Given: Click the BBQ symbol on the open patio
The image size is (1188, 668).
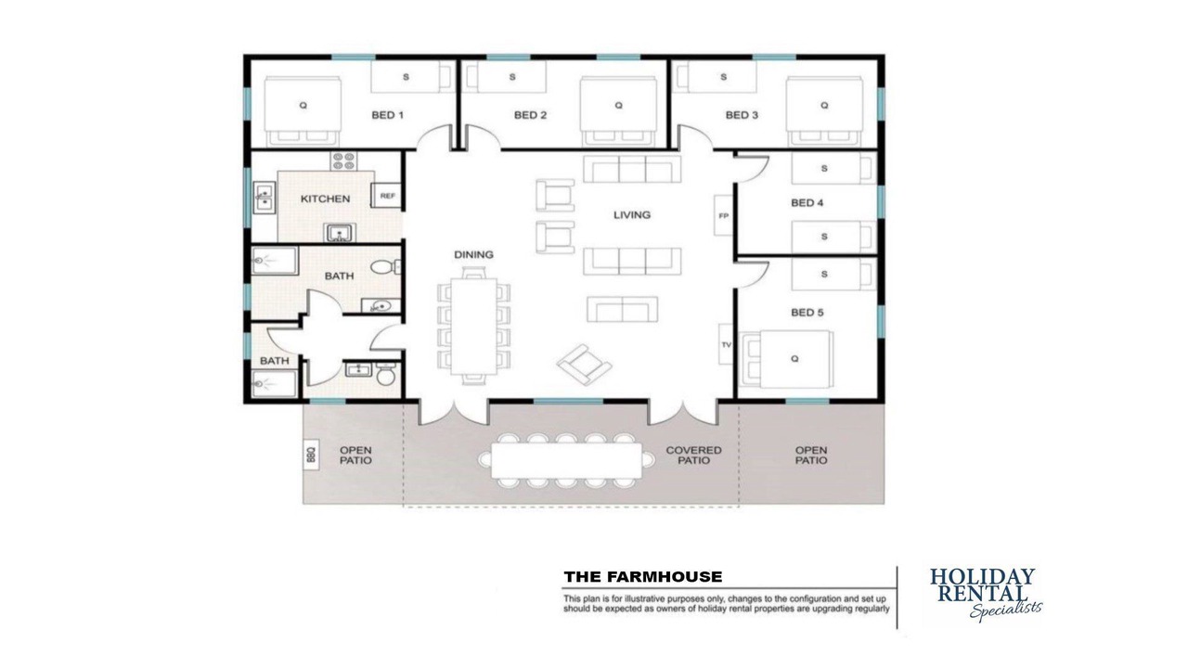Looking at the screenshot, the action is point(311,455).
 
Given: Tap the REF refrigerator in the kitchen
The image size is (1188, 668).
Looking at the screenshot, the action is point(387,196).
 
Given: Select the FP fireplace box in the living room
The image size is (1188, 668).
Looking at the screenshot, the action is point(723,216).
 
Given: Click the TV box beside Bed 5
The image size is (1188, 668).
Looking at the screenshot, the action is point(726,344).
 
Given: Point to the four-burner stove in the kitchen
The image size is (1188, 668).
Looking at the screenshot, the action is point(343,161).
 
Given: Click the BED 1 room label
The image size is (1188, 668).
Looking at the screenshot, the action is point(388,115).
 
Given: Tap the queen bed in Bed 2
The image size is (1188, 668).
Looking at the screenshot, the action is point(618,112).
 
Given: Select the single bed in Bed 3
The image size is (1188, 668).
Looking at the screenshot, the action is point(717,77).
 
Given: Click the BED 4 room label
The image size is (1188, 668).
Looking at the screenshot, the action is point(807,202).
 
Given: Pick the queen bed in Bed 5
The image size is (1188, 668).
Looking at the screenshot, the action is point(786,359).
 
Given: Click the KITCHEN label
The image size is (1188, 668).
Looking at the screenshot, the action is point(325,199).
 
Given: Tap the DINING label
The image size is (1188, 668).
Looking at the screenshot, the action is point(473,254).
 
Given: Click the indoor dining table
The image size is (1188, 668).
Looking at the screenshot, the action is point(473,326).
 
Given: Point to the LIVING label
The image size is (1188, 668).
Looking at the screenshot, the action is point(632,214).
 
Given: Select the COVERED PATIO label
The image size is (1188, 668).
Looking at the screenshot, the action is point(693,455).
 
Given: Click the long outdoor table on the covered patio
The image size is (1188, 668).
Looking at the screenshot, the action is point(566,460).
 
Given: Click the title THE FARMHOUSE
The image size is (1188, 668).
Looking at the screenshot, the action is point(643,577).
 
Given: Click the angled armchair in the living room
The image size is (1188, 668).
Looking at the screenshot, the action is point(584,365).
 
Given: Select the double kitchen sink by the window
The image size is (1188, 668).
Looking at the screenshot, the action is point(265,198).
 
